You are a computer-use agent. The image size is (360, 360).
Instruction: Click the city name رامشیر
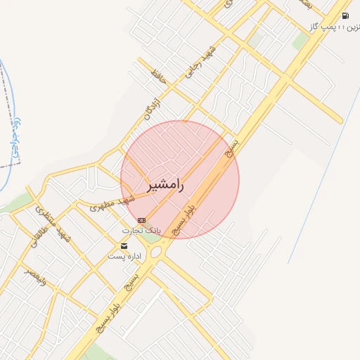(165, 186)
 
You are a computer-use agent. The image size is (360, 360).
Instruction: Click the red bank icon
(142, 220)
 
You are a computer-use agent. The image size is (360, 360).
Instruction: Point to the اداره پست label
(124, 257)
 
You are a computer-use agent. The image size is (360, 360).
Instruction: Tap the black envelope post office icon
(124, 246)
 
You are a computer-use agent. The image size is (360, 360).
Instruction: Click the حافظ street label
(159, 75)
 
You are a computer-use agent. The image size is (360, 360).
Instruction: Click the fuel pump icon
(345, 15)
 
